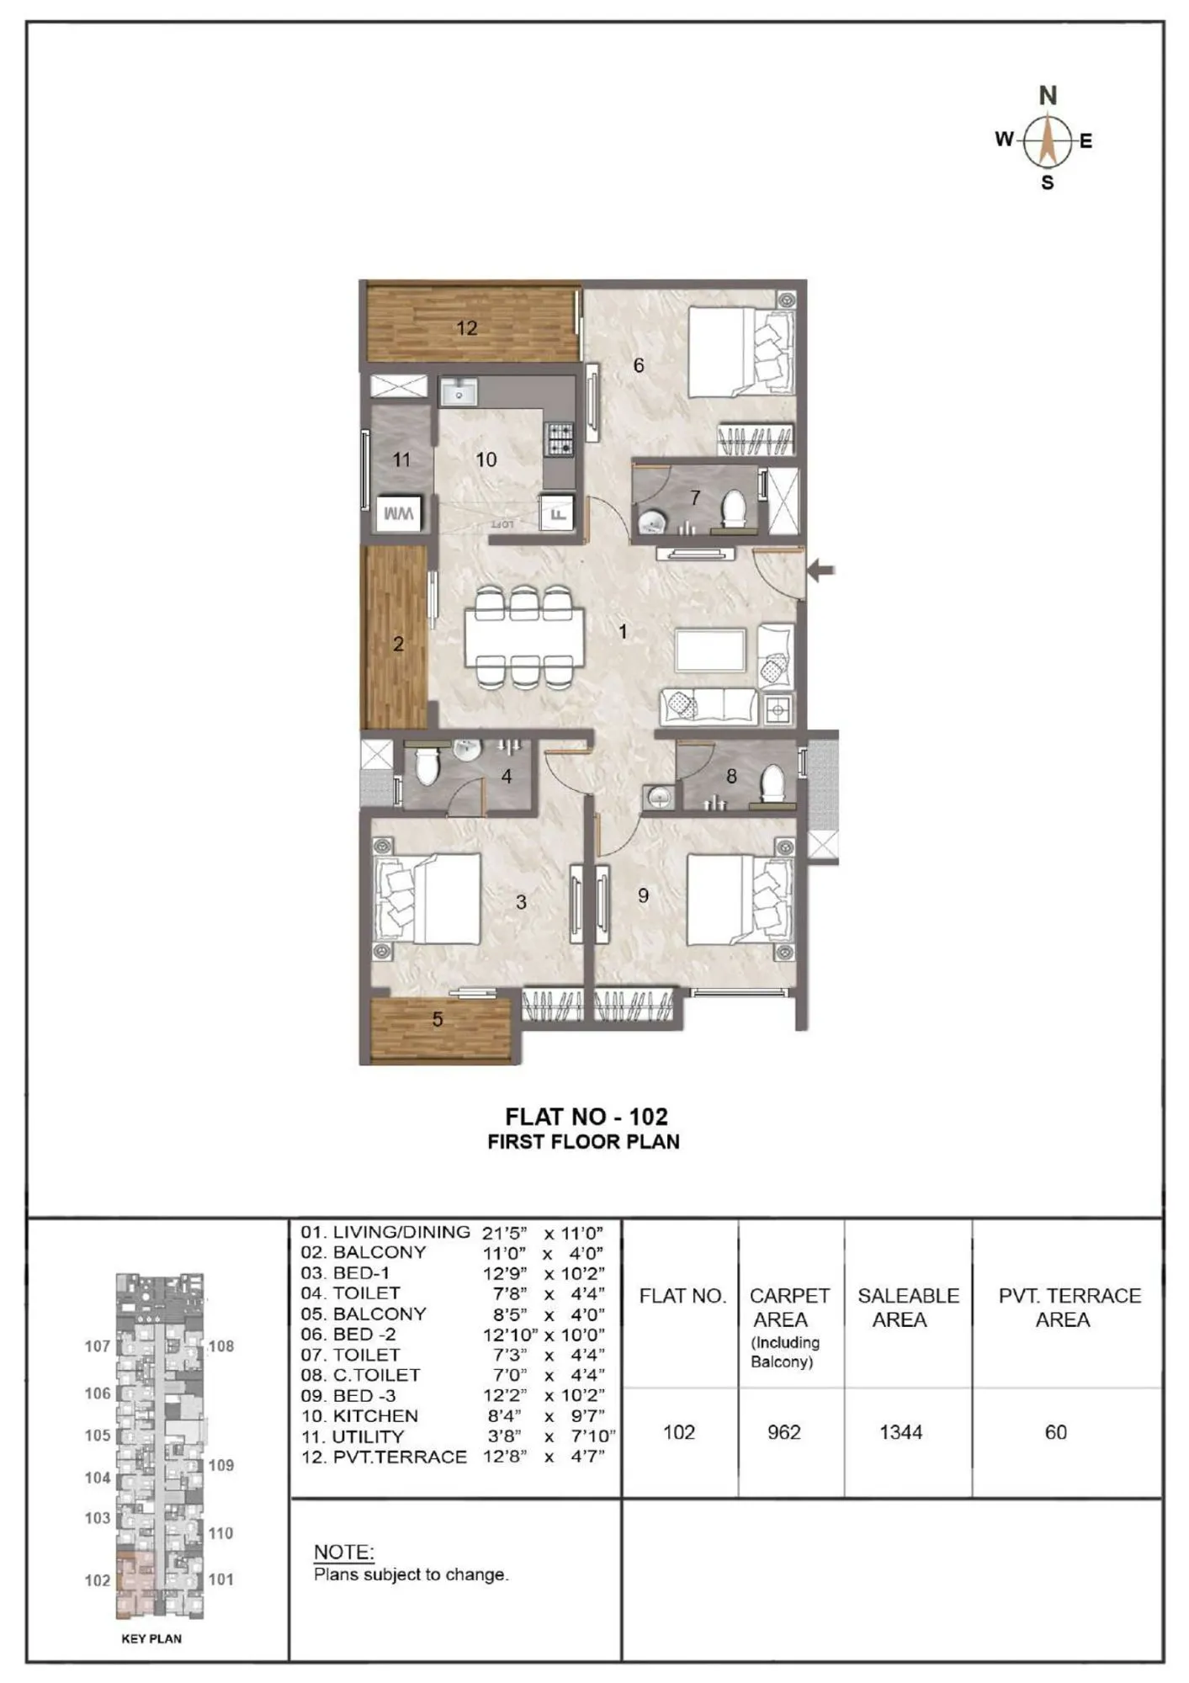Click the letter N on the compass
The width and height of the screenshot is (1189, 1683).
[1047, 95]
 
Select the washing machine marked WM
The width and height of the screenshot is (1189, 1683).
[399, 513]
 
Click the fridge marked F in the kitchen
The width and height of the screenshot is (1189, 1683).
[557, 512]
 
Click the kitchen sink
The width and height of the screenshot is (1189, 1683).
[459, 391]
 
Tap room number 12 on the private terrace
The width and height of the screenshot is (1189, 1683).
[467, 327]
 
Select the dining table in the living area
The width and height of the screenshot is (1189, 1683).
[524, 638]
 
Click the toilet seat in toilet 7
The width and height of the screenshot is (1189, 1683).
[735, 509]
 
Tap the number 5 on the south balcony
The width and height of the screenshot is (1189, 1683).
[438, 1019]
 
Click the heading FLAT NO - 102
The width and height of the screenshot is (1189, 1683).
[587, 1117]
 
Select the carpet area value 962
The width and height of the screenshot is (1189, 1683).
[783, 1431]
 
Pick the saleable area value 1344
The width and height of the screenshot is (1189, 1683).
[900, 1431]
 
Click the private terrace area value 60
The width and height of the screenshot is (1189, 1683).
[1055, 1431]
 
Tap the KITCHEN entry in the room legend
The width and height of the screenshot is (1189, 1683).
[374, 1415]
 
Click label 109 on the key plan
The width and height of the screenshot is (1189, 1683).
[220, 1465]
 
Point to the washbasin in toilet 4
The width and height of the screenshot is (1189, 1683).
[465, 749]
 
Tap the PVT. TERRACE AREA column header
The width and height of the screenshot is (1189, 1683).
[1069, 1308]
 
